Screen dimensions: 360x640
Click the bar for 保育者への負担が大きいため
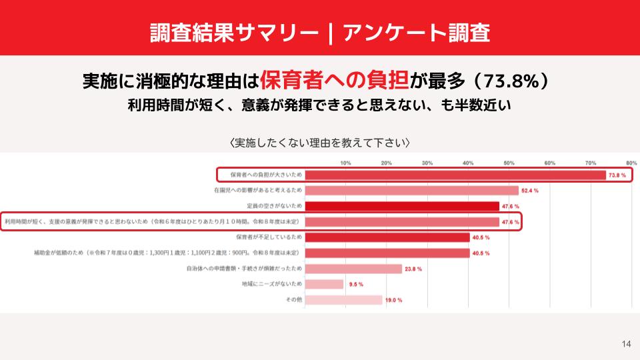[455, 175]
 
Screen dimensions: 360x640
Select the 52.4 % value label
[530, 191]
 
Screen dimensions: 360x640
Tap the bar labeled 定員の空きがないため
[402, 206]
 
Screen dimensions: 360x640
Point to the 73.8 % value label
[617, 175]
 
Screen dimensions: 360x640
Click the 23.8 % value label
[413, 269]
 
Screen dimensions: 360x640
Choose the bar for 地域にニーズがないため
[324, 284]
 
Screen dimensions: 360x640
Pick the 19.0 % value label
[394, 300]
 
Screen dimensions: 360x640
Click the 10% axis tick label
[345, 163]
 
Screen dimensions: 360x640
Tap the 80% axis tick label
[631, 163]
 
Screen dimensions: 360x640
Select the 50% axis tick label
[509, 163]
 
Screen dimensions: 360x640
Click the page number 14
[625, 344]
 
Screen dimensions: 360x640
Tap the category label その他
[294, 300]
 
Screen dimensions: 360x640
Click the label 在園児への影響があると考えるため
[258, 191]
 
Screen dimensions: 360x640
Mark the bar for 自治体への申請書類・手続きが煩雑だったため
[353, 269]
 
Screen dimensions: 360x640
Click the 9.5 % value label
[356, 284]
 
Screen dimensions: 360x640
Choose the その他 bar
[344, 300]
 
